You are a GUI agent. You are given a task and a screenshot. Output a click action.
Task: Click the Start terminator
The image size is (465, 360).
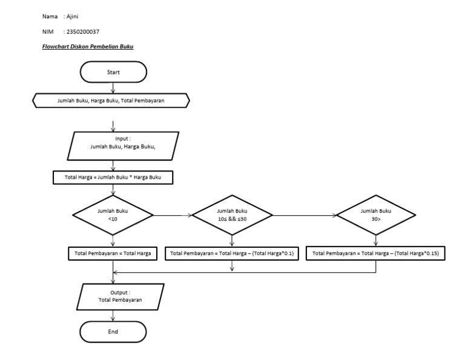(x=113, y=72)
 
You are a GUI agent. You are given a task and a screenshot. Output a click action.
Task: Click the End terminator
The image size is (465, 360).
(x=113, y=332)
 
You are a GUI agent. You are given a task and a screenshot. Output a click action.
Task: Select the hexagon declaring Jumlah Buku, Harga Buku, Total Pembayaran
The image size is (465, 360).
(x=111, y=101)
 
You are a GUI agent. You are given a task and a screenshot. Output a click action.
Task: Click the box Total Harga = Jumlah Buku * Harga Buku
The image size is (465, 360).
(x=113, y=178)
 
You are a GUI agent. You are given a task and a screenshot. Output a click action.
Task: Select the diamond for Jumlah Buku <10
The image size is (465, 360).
(x=113, y=215)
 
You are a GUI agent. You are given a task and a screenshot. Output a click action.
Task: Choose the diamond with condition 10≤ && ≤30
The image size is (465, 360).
(x=232, y=215)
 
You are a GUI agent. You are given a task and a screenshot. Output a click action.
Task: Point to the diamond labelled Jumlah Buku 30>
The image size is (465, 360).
(x=376, y=215)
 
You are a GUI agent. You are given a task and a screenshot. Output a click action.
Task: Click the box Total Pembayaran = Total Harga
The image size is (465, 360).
(x=113, y=253)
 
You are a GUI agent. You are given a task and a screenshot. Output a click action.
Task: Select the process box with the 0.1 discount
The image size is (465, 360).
(x=232, y=253)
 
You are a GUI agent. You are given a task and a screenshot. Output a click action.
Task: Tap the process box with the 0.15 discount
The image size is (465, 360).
(x=376, y=253)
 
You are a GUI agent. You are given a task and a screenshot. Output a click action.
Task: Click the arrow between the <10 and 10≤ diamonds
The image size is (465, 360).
(x=172, y=215)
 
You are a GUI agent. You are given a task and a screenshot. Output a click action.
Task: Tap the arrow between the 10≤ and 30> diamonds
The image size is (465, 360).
(x=304, y=215)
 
